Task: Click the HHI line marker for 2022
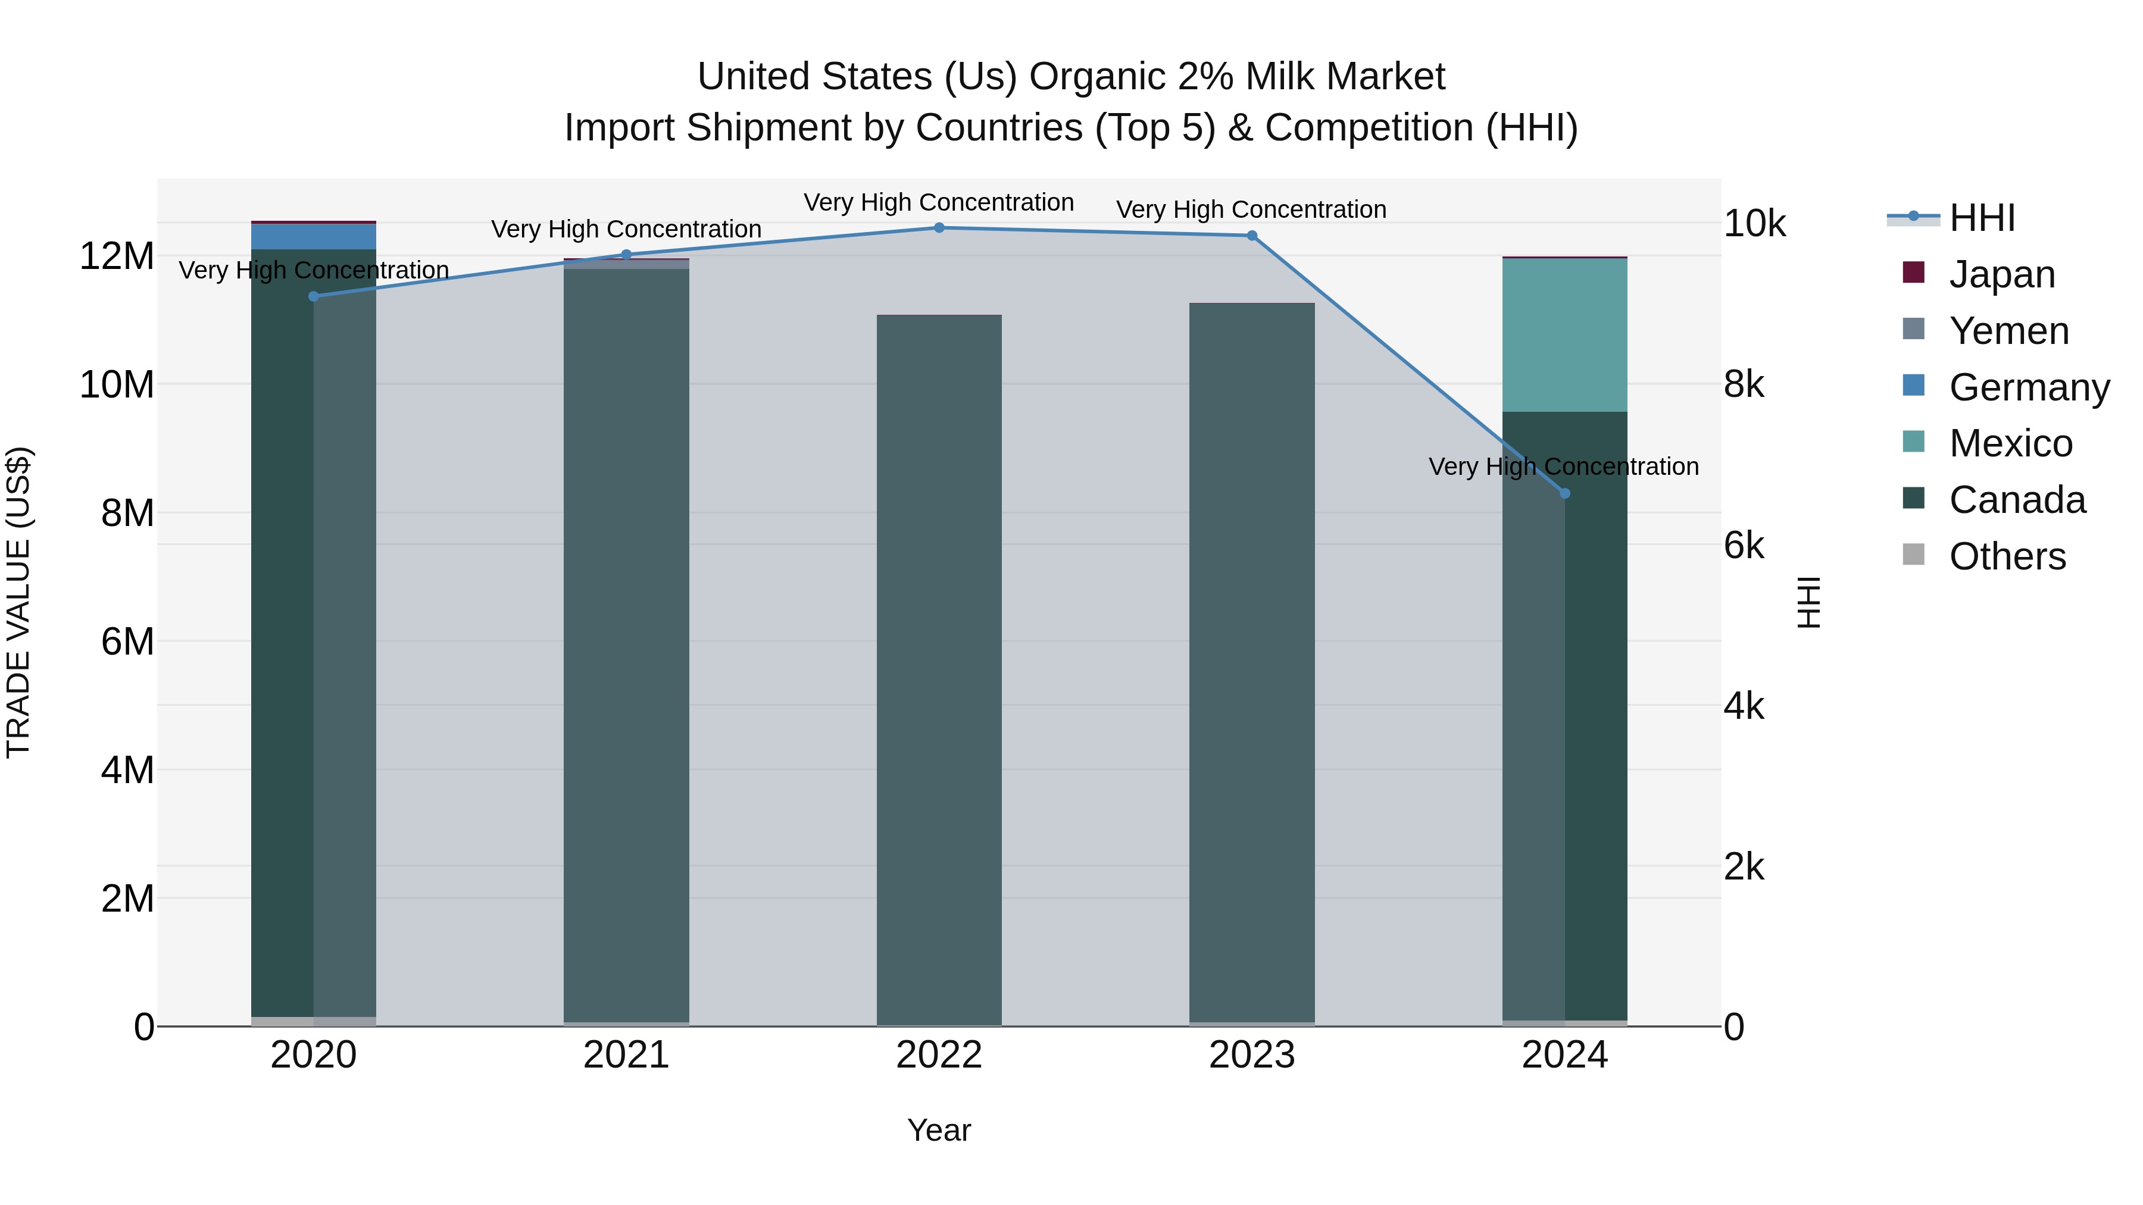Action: point(939,228)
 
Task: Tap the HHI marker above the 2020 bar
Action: point(314,296)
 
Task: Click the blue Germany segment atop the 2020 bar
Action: point(314,237)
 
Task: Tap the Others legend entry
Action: point(2007,556)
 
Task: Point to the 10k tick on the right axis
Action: point(1754,223)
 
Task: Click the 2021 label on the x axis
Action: point(626,1055)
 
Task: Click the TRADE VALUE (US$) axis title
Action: point(18,602)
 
